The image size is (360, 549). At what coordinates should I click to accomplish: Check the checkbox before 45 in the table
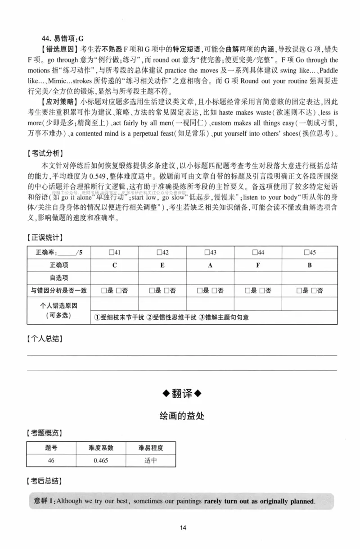pos(306,252)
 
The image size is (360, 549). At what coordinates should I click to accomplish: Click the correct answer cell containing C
pos(115,265)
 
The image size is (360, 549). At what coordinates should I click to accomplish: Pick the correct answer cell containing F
pos(258,265)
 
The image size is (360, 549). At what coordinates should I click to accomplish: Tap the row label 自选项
pos(59,278)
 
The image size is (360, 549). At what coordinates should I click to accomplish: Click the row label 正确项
pos(59,265)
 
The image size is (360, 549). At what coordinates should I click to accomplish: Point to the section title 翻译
pos(182,393)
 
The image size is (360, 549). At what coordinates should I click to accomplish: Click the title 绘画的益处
pos(182,415)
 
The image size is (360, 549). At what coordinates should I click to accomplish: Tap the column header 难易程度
pos(151,448)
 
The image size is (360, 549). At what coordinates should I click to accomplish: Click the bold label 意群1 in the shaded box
pos(45,501)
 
